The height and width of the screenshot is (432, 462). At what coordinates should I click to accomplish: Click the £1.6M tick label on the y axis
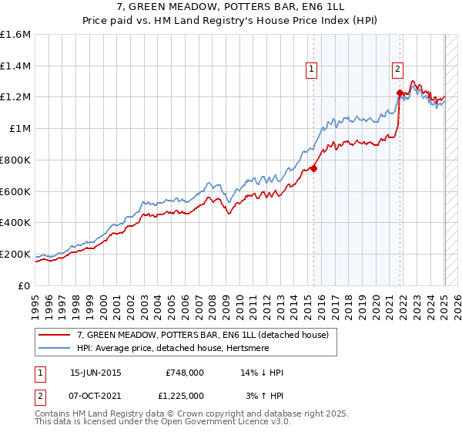coord(15,35)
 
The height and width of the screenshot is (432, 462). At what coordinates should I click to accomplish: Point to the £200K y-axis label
coord(15,254)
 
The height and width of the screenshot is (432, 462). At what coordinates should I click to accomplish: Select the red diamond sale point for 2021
coord(400,93)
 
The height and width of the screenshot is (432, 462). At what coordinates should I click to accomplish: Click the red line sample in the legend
coord(55,335)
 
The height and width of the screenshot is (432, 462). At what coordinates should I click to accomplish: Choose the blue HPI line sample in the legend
coord(55,348)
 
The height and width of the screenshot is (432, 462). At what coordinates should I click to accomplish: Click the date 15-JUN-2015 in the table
coord(95,373)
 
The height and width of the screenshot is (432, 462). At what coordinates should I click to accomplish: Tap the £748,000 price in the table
coord(185,373)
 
